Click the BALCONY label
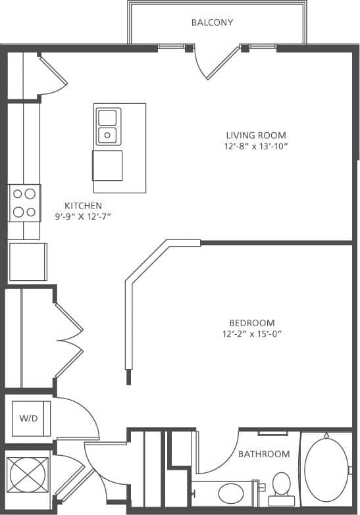click(x=212, y=22)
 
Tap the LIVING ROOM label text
click(x=255, y=135)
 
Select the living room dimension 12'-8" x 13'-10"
click(x=255, y=147)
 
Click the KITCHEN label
click(x=83, y=205)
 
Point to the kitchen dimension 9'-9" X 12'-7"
click(x=83, y=216)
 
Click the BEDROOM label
click(x=251, y=323)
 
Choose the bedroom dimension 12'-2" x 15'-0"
click(x=251, y=333)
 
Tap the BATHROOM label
click(x=264, y=454)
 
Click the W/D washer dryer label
click(x=28, y=418)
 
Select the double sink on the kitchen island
click(x=107, y=126)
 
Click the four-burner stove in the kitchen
click(x=24, y=203)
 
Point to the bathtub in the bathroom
click(x=326, y=470)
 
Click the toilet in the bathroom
click(x=282, y=485)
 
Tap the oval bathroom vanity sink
click(x=230, y=493)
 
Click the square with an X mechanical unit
click(x=28, y=474)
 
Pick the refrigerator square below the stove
click(x=28, y=262)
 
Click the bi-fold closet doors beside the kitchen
click(x=68, y=340)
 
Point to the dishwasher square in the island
click(x=107, y=165)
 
